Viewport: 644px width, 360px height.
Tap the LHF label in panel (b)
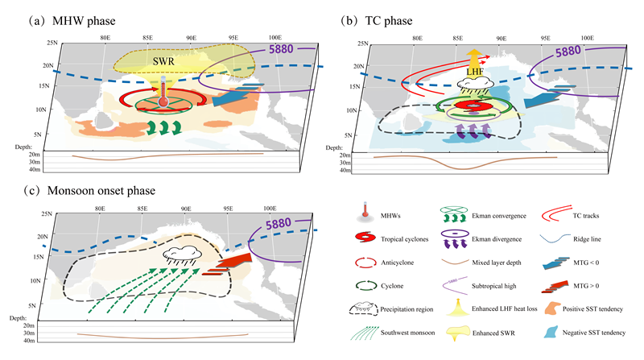tap(477, 75)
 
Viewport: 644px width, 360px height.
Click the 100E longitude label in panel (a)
tap(273, 37)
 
